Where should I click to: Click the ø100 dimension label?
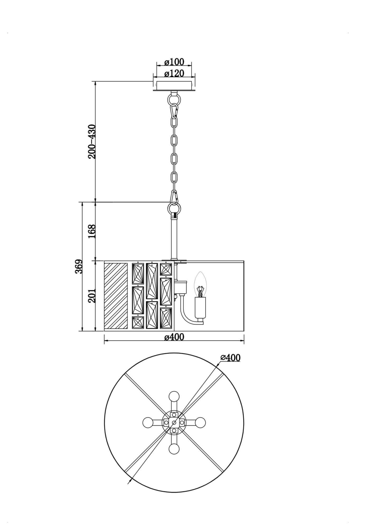coord(174,62)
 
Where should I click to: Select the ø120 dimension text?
coord(174,73)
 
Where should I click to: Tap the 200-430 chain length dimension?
coord(92,141)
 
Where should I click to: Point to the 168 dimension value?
coord(92,232)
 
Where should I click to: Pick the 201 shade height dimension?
coord(92,296)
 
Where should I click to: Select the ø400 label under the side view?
coord(174,337)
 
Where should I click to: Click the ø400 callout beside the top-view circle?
coord(230,358)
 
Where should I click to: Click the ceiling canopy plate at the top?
coord(174,86)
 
